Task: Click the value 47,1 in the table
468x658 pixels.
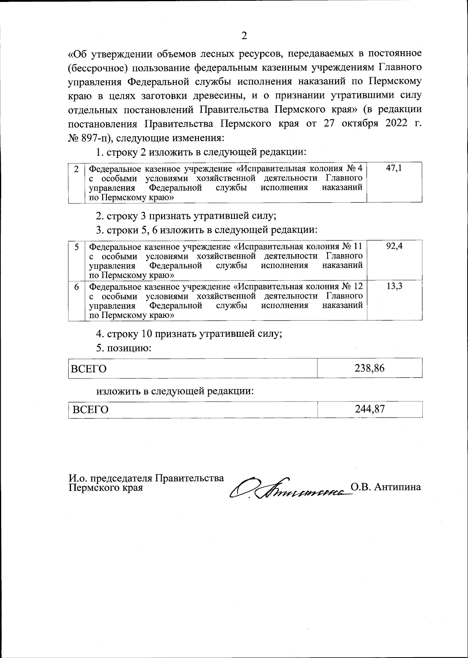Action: click(394, 169)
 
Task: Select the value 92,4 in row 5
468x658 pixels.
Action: click(394, 247)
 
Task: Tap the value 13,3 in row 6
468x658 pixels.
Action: click(394, 287)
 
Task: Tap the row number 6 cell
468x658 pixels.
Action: click(77, 287)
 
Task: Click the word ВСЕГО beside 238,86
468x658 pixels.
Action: click(89, 369)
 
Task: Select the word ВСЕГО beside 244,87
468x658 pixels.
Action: click(90, 410)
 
